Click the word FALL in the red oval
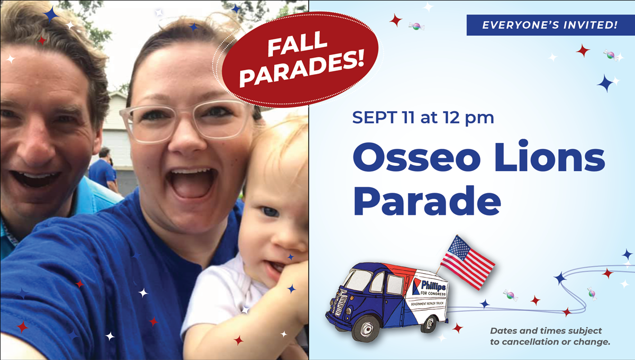(x=297, y=44)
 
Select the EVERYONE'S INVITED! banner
(x=550, y=25)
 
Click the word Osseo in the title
(x=416, y=157)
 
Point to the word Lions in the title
(x=550, y=156)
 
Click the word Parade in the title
(x=427, y=201)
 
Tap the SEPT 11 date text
(x=383, y=117)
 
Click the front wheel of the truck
(x=366, y=328)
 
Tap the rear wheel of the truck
(x=429, y=323)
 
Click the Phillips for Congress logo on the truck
(x=429, y=287)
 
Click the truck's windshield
(x=358, y=280)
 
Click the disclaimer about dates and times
(x=550, y=336)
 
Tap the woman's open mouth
(x=192, y=184)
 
